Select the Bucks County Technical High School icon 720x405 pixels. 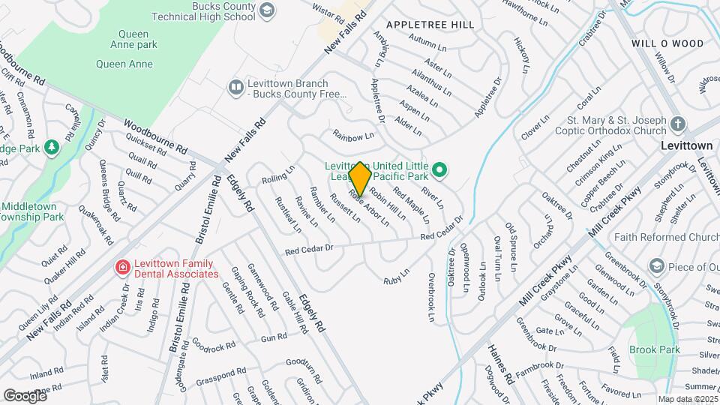[x=268, y=10]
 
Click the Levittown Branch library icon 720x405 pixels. [x=236, y=88]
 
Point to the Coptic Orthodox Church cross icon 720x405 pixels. [x=677, y=124]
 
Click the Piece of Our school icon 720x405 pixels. [x=657, y=266]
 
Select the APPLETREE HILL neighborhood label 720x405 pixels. [x=430, y=25]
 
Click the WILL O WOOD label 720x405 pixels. [x=657, y=43]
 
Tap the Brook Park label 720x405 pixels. [x=654, y=349]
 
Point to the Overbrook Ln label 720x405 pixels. [x=432, y=297]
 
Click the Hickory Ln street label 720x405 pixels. [x=522, y=57]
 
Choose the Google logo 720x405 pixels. [x=25, y=395]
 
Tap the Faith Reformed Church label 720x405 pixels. [x=666, y=237]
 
